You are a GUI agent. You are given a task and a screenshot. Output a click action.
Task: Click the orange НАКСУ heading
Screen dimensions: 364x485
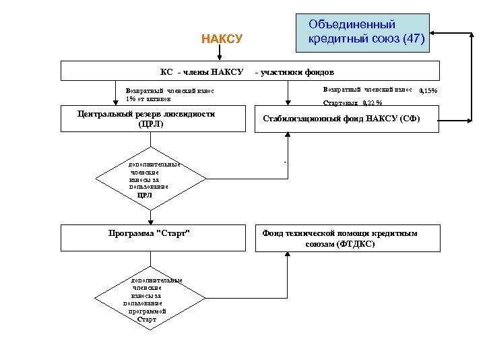(x=222, y=39)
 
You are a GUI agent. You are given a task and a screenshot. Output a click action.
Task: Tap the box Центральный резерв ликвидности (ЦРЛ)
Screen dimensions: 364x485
(x=146, y=119)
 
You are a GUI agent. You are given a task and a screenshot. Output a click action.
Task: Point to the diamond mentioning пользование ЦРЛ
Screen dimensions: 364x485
(x=149, y=180)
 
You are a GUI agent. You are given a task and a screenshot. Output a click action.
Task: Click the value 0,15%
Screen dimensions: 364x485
(x=428, y=91)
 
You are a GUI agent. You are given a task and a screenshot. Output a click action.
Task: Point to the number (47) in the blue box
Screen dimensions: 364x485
(x=413, y=40)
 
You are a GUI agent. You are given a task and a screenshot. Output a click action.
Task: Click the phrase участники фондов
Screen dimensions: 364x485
(x=299, y=71)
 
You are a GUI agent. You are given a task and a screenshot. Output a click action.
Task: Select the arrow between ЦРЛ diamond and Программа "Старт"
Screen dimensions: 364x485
(x=149, y=214)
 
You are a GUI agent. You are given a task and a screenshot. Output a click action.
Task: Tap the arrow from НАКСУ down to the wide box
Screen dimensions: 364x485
(x=222, y=54)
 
